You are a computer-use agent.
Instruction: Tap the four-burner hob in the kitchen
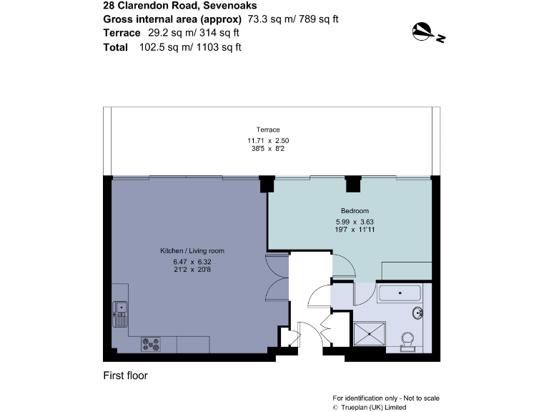point(152,344)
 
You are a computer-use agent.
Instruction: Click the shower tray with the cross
point(369,333)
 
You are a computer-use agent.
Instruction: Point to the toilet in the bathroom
point(408,340)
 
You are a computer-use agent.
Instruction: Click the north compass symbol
point(427,32)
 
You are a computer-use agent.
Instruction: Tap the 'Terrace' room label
point(268,129)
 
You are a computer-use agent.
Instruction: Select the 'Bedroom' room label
point(355,210)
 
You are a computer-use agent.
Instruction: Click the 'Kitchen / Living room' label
point(192,250)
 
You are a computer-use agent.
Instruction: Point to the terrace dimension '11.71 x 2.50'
point(268,141)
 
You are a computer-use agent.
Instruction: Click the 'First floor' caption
point(125,376)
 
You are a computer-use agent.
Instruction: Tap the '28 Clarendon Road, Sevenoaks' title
point(167,6)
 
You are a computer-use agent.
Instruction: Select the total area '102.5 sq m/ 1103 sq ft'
point(190,47)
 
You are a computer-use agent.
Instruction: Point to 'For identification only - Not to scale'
point(386,398)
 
